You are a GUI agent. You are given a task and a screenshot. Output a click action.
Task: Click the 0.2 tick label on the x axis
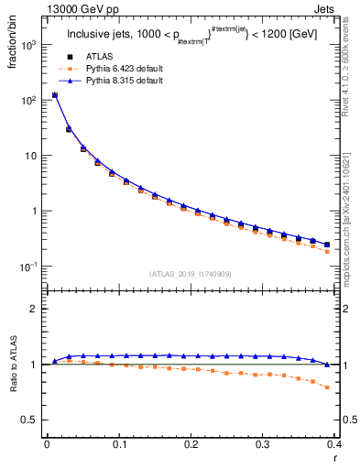point(191,443)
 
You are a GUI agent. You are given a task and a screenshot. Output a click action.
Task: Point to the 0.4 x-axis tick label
point(334,443)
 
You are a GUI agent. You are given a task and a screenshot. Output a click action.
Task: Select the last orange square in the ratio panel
point(327,387)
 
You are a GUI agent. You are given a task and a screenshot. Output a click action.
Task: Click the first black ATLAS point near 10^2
point(54,94)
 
